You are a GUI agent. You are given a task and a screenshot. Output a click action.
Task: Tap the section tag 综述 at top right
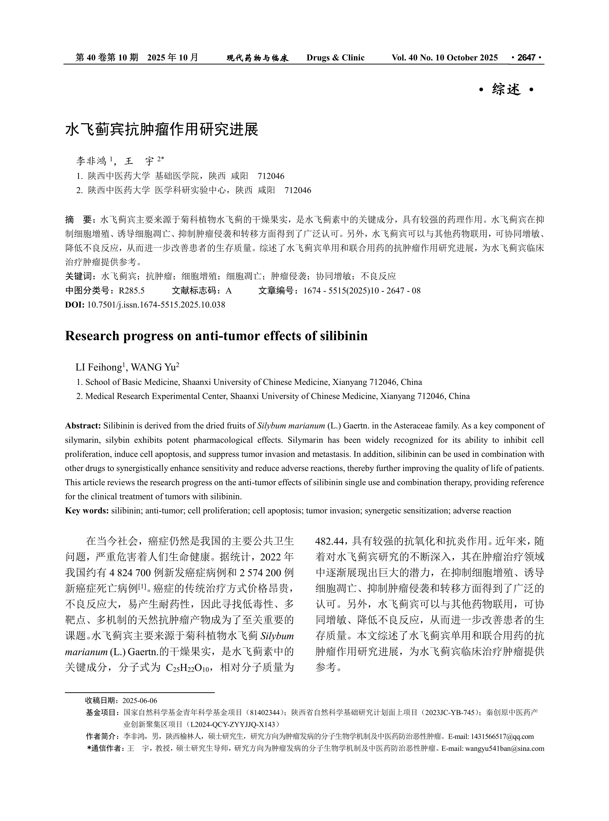point(506,90)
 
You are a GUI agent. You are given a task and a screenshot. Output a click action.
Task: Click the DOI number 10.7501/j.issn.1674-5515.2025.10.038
point(156,305)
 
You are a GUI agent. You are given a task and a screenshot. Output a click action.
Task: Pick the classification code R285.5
point(132,291)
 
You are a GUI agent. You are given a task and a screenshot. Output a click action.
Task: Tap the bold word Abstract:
point(83,426)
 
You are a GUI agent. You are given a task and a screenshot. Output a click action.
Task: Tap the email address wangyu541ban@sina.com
point(505,748)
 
